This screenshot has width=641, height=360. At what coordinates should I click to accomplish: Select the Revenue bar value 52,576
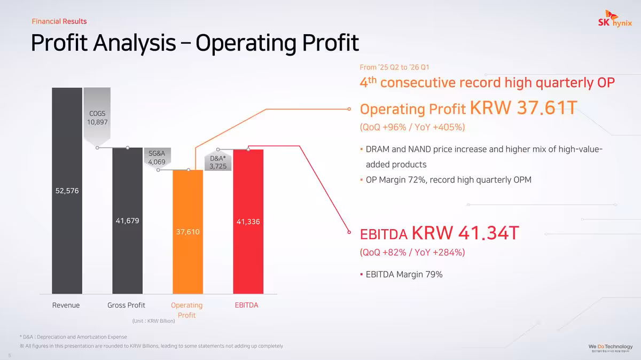coord(67,191)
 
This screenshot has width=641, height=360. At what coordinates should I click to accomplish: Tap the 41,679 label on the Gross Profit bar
coord(128,221)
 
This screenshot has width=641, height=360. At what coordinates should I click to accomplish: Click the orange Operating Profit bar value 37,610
coord(188,232)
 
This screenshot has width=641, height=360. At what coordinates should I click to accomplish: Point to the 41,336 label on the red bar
coord(248,221)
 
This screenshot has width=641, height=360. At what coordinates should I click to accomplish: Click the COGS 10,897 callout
coord(97,118)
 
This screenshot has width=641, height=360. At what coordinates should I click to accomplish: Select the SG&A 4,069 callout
coord(157,158)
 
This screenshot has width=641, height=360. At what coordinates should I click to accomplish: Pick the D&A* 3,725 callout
coord(218,162)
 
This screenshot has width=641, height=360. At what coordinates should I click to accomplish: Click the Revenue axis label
coord(66,305)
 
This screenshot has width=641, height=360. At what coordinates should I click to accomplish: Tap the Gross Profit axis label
coord(127,305)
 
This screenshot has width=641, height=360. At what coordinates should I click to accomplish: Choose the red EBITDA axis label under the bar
coord(246,305)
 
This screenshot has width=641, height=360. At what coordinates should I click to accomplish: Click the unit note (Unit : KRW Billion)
coord(153,321)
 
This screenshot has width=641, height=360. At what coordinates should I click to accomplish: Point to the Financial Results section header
coord(59,21)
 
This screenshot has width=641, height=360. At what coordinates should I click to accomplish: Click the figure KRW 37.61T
coord(523,108)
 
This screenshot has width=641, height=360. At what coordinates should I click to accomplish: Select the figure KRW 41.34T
coord(465,233)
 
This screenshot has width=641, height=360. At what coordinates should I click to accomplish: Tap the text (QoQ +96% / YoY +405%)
coord(412,127)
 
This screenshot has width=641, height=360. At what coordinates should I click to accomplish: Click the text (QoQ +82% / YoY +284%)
coord(412,252)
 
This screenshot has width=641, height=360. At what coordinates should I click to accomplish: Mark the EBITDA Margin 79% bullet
coord(404,275)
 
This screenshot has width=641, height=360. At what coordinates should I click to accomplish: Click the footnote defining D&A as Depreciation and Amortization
coord(73,337)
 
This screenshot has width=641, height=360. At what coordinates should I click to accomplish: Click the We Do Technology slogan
coord(611,347)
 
